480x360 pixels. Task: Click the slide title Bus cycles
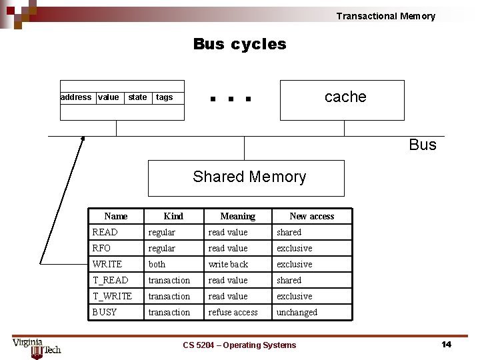click(x=239, y=44)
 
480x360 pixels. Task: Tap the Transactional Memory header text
click(x=385, y=16)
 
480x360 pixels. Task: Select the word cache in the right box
click(x=345, y=97)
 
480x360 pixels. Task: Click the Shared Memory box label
click(x=249, y=177)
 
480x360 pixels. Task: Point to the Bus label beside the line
click(x=423, y=145)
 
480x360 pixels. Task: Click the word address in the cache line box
click(x=76, y=97)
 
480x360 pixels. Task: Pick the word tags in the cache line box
click(x=164, y=97)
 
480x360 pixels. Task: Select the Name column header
click(x=115, y=216)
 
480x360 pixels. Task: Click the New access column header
click(x=311, y=216)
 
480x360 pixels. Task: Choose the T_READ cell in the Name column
click(x=111, y=280)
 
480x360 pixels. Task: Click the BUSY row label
click(x=105, y=312)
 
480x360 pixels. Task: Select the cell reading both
click(x=157, y=264)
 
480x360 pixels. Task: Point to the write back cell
click(x=228, y=264)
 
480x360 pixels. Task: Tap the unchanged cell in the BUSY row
click(x=297, y=312)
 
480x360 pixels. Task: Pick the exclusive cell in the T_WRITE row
click(x=294, y=296)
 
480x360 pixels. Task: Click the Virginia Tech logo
click(x=36, y=347)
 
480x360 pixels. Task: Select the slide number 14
click(x=446, y=344)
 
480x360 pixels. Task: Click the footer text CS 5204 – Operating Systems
click(x=239, y=345)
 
